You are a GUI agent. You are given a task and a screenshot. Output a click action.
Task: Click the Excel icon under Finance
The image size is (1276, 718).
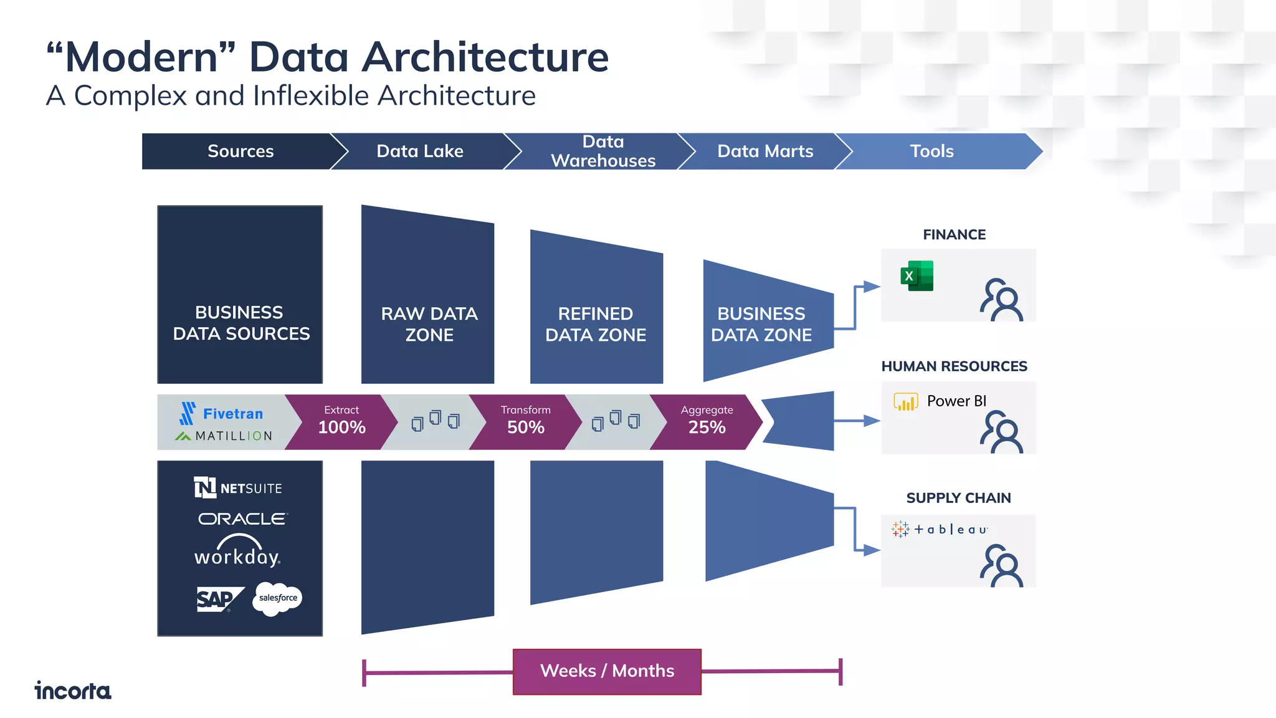point(917,276)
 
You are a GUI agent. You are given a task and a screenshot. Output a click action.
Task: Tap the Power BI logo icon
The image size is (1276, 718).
point(905,402)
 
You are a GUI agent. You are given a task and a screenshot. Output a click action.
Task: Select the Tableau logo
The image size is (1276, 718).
point(940,530)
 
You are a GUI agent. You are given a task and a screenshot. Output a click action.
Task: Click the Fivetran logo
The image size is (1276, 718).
point(222,413)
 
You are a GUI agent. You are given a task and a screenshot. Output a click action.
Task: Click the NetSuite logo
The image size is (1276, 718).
point(239,488)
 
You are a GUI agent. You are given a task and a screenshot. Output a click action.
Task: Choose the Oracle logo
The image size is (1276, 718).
point(242,519)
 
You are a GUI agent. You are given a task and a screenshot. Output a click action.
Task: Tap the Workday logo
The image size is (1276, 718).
point(238,551)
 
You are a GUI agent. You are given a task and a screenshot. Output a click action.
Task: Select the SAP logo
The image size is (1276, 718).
point(217,600)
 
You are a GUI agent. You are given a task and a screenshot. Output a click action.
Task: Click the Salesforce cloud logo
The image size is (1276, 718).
point(278,598)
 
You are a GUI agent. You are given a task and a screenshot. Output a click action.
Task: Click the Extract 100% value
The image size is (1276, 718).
point(341,427)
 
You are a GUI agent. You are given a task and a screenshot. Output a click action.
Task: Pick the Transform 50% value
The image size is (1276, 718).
point(525,427)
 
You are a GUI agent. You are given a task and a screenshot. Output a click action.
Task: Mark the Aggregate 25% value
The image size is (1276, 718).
point(707,427)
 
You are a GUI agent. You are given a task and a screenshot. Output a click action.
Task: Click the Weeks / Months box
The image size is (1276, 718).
point(607,671)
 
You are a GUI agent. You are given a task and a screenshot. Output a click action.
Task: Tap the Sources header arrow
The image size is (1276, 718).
point(240,151)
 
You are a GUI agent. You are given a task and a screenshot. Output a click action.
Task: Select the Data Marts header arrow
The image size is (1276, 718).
point(764,151)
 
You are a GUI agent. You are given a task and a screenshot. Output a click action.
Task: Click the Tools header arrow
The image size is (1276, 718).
point(931,151)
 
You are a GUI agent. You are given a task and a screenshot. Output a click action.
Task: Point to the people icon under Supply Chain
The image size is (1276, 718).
point(1001,565)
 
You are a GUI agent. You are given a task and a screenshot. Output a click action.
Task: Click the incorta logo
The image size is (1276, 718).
point(73,691)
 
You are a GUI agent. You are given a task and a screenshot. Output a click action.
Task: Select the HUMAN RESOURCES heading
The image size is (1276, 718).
point(954,366)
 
